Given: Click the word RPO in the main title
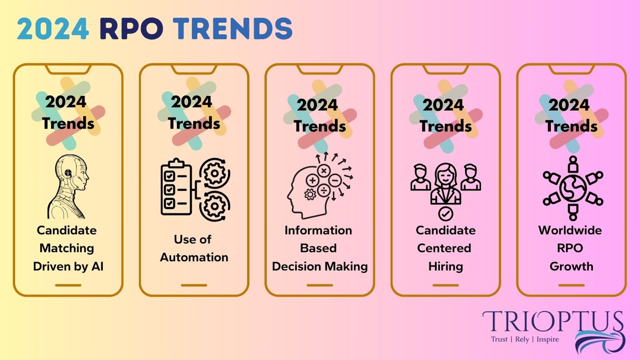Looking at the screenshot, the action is click(132, 29).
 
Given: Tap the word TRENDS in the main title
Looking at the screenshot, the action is click(233, 29).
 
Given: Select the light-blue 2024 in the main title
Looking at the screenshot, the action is click(53, 29).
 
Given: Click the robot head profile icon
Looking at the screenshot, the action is click(68, 187).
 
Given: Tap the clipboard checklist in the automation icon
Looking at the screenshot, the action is click(176, 187).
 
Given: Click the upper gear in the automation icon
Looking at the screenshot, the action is click(215, 173).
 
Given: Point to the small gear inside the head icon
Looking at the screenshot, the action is click(310, 194).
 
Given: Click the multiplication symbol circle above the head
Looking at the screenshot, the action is click(324, 171).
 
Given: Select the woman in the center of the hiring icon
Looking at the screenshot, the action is click(446, 183).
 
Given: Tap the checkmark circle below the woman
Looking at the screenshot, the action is click(446, 214).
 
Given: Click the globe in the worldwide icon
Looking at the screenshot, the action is click(573, 188).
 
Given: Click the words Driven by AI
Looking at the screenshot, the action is click(68, 267).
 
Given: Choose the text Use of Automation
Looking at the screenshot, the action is click(194, 248).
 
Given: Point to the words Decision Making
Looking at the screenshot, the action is click(320, 267).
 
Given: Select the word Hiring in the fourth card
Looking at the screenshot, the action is click(446, 267).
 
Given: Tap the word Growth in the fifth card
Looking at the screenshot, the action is click(571, 267).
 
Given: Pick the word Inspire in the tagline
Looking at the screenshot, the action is click(548, 339).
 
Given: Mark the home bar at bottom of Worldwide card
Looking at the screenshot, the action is click(571, 285).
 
